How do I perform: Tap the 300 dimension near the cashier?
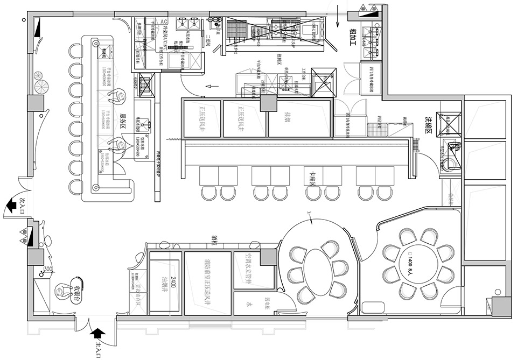[x=48, y=269]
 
